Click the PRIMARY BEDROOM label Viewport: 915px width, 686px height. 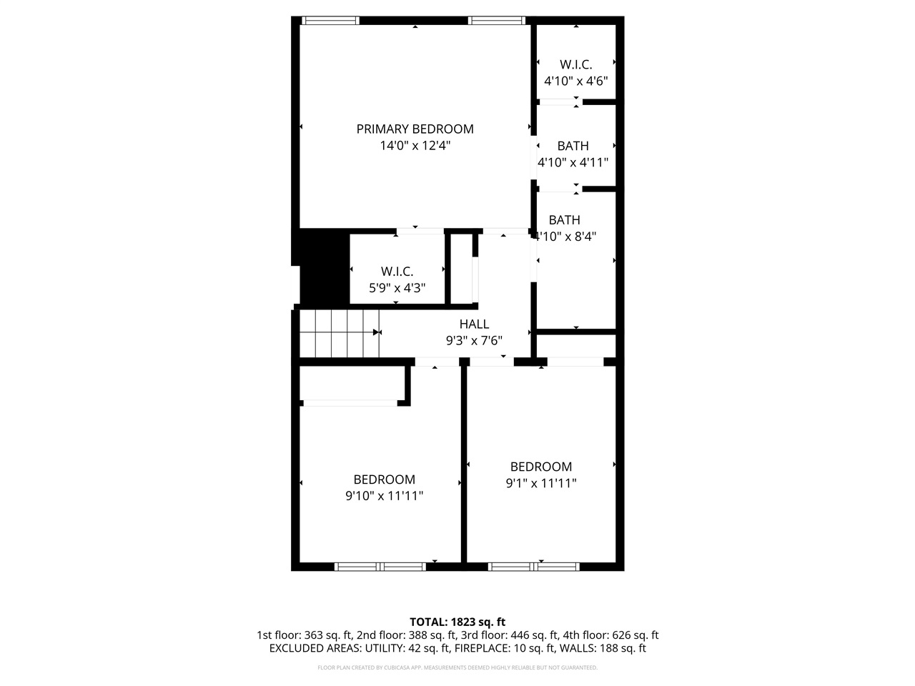tap(415, 129)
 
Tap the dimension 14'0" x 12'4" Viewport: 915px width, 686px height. tap(415, 146)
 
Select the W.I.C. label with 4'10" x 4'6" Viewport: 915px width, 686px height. tap(575, 64)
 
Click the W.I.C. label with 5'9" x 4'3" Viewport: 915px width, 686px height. tap(397, 272)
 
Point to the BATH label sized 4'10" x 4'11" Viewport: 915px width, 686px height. tap(573, 146)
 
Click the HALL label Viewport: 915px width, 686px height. tap(474, 324)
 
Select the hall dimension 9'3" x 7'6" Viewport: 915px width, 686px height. tap(474, 341)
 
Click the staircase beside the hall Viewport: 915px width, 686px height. tap(339, 333)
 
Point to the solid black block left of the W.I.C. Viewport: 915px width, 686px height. tap(323, 268)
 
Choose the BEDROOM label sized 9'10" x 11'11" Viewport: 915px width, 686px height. tap(384, 479)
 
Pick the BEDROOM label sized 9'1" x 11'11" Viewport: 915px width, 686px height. tap(540, 467)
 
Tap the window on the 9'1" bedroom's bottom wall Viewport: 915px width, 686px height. tap(533, 567)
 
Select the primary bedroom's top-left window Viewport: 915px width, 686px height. tap(330, 21)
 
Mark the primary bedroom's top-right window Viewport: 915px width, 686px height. tap(497, 21)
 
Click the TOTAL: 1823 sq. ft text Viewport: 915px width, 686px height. tap(457, 622)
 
